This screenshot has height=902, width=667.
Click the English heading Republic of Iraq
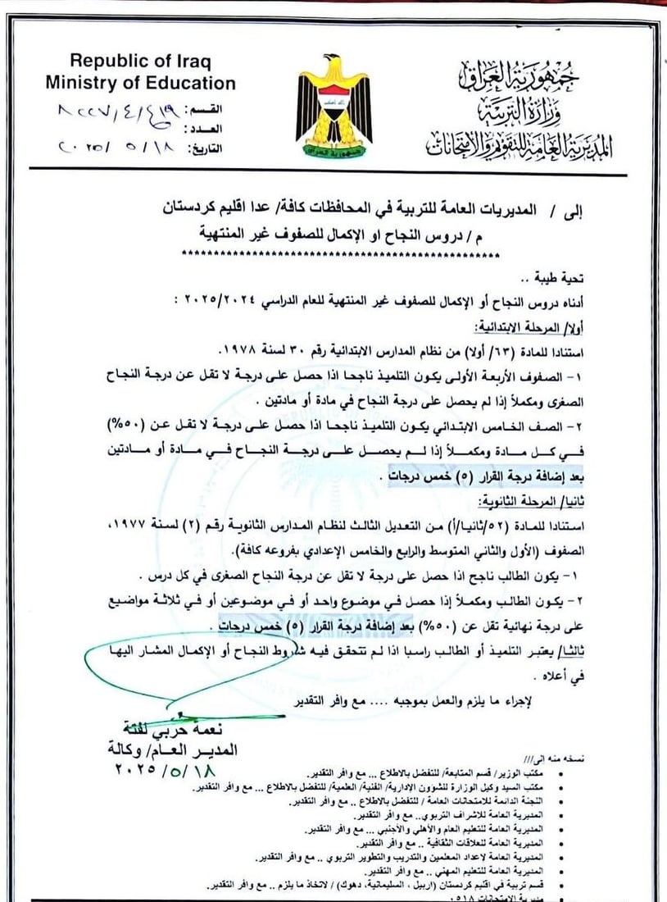pyautogui.click(x=140, y=61)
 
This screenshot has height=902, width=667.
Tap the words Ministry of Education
pyautogui.click(x=140, y=82)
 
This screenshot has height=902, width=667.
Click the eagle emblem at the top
pyautogui.click(x=333, y=107)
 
